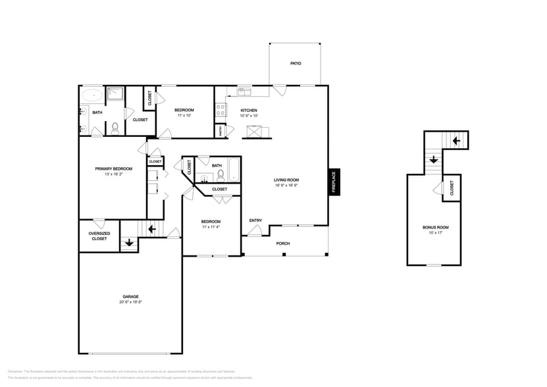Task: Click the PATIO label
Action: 296,64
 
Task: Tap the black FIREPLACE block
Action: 334,182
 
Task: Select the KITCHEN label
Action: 248,111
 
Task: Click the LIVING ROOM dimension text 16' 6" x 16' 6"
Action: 286,186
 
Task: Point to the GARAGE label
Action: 130,297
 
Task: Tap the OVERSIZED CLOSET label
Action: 99,236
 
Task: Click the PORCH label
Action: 283,244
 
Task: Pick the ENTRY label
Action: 255,220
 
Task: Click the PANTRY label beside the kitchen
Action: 220,132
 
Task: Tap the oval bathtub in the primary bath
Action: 91,94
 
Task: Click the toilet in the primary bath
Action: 115,128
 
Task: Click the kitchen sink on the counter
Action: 243,91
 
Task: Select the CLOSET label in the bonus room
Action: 452,189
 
